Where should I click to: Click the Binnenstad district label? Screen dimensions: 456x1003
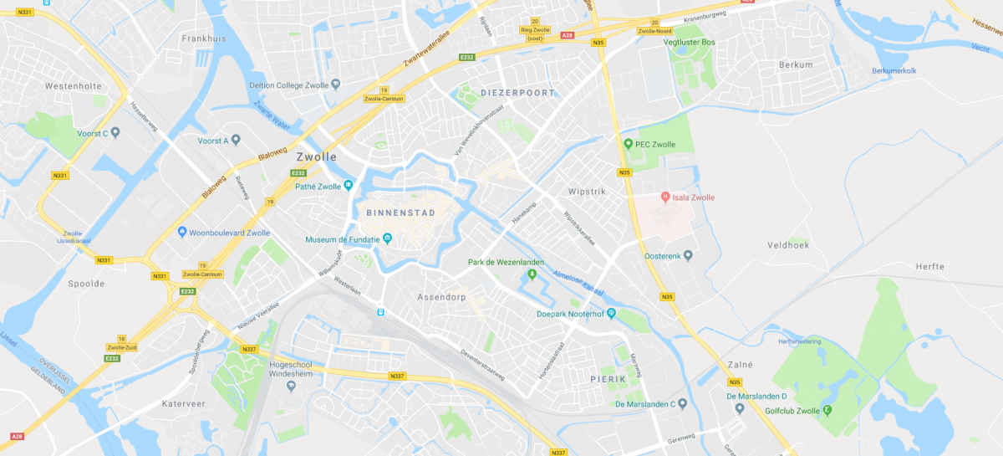click(400, 213)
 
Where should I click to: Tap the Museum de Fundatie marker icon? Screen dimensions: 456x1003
click(387, 240)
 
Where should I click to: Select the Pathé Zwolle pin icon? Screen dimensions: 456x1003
click(349, 187)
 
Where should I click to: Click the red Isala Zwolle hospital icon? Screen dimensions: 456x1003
click(665, 197)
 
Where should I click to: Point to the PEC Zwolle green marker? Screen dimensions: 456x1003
click(628, 144)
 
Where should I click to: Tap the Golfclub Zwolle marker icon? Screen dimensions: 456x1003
click(827, 411)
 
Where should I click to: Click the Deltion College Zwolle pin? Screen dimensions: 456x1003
click(336, 85)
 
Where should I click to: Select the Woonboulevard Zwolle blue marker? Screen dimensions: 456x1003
click(182, 233)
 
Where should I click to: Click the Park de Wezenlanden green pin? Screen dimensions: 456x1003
click(532, 274)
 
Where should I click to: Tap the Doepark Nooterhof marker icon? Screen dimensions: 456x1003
click(611, 314)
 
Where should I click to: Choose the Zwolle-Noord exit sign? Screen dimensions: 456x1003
click(654, 31)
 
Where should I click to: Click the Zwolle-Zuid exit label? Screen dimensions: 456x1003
click(121, 347)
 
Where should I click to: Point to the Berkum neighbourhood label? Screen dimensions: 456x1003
click(795, 64)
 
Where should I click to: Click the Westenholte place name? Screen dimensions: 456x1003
click(73, 85)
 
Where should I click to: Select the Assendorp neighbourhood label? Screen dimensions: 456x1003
click(440, 297)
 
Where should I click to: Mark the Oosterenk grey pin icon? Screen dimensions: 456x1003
click(688, 255)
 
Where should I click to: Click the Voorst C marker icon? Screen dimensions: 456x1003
click(115, 133)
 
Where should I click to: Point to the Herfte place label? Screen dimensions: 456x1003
click(929, 267)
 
